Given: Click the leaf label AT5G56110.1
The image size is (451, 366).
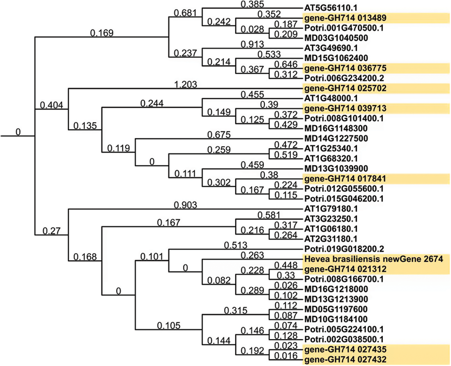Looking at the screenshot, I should tap(331, 8).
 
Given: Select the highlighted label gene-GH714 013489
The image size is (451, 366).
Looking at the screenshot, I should tap(345, 18).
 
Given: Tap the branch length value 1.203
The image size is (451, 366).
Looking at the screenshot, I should tap(185, 85).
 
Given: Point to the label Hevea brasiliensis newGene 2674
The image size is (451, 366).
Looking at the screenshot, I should tap(373, 259).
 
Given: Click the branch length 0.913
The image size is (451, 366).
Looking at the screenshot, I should tap(252, 44).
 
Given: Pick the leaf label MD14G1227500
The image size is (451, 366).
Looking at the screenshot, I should tap(336, 138).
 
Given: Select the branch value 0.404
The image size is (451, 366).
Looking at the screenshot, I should tap(52, 105).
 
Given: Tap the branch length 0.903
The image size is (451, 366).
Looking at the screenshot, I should tap(185, 205).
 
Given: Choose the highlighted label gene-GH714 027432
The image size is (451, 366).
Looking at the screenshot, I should tap(345, 359).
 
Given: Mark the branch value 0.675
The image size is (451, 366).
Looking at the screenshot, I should tap(219, 135).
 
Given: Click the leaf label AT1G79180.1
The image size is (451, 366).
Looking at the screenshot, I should tap(331, 209).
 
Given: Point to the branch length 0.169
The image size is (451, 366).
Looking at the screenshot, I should tap(102, 33).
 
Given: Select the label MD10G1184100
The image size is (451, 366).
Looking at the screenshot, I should tap(336, 319).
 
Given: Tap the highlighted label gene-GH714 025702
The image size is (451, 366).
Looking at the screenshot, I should tap(345, 88).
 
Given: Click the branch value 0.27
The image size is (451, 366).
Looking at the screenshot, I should tap(52, 231).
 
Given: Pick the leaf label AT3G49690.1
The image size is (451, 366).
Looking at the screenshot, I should tap(331, 48).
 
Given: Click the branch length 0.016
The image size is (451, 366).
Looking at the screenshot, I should tap(286, 356).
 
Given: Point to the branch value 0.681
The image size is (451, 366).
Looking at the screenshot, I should tap(185, 13).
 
